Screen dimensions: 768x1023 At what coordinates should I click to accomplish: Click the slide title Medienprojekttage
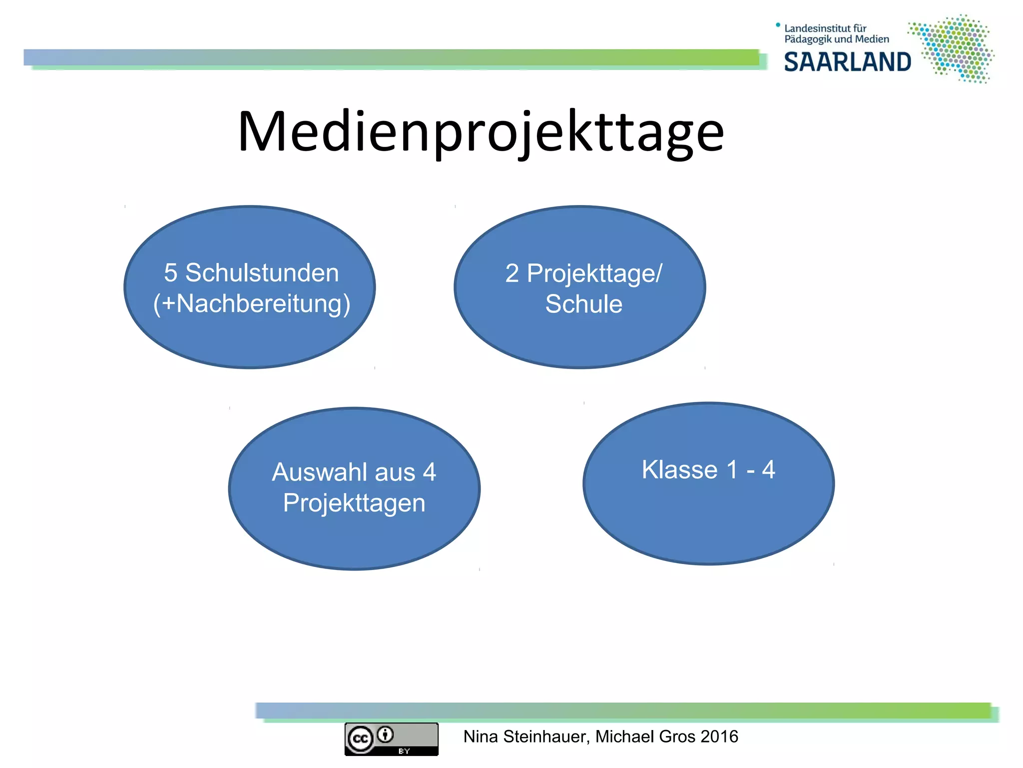point(481,131)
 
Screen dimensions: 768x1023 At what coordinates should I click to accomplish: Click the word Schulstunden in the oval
point(262,273)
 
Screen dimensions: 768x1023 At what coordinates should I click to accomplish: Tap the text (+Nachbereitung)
point(251,303)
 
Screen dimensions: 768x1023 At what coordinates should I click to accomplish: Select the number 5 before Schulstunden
point(170,273)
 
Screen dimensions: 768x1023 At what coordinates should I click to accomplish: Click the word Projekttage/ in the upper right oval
point(594,273)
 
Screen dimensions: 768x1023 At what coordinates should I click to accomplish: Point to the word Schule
point(583,304)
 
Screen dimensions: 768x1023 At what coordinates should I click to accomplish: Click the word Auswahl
point(343,472)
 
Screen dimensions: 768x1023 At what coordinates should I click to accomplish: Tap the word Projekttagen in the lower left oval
point(354,502)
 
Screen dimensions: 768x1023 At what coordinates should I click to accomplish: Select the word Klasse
point(679,469)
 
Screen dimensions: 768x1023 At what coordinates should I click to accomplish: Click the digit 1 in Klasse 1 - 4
point(732,469)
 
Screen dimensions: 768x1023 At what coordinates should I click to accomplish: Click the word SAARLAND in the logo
point(847,62)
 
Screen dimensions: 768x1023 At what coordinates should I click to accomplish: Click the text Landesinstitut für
point(825,28)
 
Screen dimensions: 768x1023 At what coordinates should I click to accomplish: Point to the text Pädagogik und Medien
point(837,39)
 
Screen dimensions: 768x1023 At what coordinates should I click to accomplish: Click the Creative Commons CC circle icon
point(361,739)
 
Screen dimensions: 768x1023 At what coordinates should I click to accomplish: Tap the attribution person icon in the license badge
point(385,734)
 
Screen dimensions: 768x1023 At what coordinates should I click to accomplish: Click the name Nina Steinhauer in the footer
point(526,736)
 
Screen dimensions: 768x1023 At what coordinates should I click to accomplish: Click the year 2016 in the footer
point(719,736)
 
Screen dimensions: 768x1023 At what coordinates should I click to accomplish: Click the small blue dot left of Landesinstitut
point(778,24)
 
